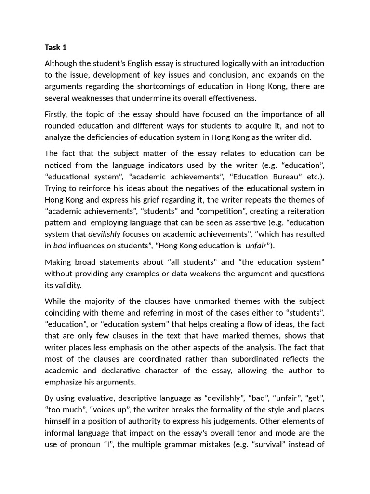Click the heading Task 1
pos(55,47)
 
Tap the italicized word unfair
pos(256,246)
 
